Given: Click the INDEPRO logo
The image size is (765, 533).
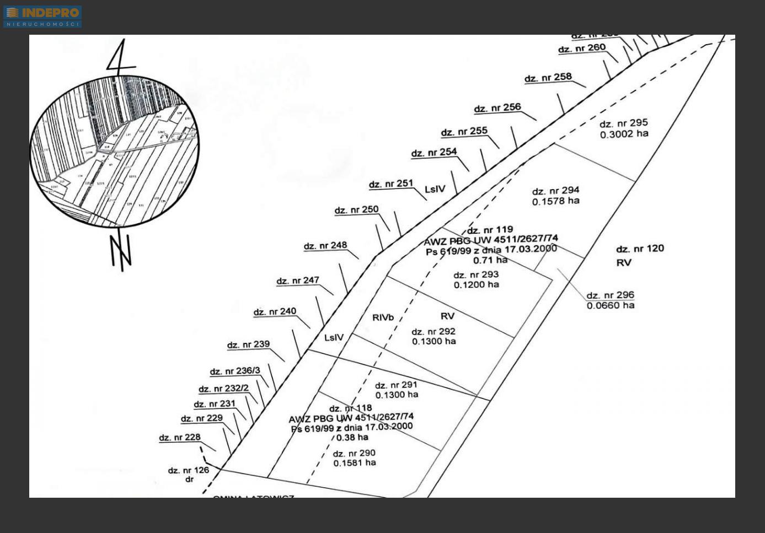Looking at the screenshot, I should point(42,16).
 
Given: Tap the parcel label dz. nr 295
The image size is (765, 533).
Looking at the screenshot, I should point(623,123).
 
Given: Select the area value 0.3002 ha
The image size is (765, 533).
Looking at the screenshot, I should point(624,134).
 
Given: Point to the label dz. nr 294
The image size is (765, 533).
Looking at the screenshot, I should point(555,191).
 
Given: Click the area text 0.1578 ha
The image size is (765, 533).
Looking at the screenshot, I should point(555,201).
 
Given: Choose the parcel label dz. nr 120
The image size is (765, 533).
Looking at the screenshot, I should point(640,249).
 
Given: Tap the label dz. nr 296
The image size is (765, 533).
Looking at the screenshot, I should point(610,295).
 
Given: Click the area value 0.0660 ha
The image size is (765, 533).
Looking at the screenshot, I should point(610,305).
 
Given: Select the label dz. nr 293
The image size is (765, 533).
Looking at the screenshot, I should point(476,274).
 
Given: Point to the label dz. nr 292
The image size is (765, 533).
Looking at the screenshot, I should point(434,331).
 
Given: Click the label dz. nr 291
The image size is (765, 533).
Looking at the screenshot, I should point(396,385).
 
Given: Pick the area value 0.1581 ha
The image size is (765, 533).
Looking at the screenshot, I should point(354,463).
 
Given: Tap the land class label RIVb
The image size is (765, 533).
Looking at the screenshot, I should point(383,317).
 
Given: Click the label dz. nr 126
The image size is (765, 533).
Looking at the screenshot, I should point(189,470).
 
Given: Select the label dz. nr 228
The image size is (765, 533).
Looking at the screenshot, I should point(180,438).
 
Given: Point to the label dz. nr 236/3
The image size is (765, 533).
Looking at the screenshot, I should point(234,371).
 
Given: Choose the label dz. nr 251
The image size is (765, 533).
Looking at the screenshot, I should point(391,184).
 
